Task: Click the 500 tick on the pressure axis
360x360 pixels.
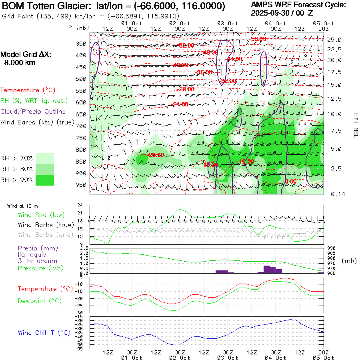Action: (81, 79)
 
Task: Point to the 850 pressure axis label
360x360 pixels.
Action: (81, 162)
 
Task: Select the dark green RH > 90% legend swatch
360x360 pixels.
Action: (45, 180)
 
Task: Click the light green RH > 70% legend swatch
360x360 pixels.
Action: (45, 158)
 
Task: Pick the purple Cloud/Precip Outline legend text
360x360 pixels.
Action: (33, 112)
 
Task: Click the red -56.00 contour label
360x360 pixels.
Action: (258, 39)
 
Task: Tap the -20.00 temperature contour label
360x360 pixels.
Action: (156, 155)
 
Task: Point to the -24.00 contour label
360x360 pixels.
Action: (180, 104)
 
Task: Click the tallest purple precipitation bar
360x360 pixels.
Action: (267, 269)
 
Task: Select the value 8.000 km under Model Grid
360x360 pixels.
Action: (20, 63)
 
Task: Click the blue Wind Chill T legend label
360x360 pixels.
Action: (44, 332)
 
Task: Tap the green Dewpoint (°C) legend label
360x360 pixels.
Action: (40, 301)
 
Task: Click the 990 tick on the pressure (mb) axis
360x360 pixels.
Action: (332, 248)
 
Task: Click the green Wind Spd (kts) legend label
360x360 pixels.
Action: (41, 215)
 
